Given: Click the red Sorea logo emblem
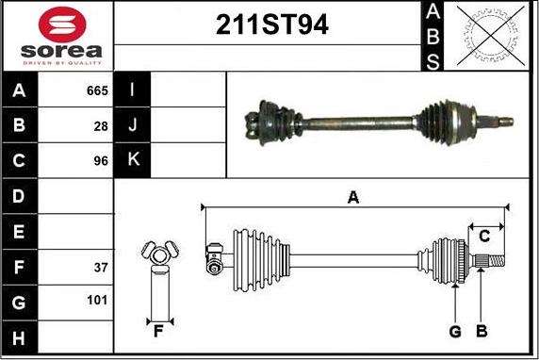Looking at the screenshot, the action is click(62, 25).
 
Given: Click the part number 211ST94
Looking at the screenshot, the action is click(272, 25).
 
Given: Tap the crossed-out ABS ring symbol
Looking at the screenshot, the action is click(491, 36).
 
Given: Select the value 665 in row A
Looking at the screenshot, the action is click(97, 90).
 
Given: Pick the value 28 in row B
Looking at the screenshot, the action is click(101, 126).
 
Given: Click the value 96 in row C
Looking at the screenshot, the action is click(101, 161).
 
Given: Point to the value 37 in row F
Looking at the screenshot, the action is click(101, 268).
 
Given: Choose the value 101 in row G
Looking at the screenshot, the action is click(97, 301).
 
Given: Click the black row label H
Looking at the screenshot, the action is click(19, 337).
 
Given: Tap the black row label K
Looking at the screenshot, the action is click(132, 160).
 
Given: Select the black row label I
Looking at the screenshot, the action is click(132, 90).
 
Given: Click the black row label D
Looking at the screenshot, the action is click(19, 196).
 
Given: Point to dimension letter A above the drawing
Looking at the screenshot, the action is click(353, 198).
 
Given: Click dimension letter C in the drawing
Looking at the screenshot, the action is click(484, 237).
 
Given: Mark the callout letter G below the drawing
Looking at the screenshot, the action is click(455, 332).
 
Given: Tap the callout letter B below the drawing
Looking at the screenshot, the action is click(482, 331).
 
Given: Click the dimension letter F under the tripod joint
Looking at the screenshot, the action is click(158, 332).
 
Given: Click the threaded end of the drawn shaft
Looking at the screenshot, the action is click(497, 261).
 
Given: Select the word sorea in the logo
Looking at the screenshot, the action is click(61, 51).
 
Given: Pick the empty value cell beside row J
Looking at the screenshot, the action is click(188, 124).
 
